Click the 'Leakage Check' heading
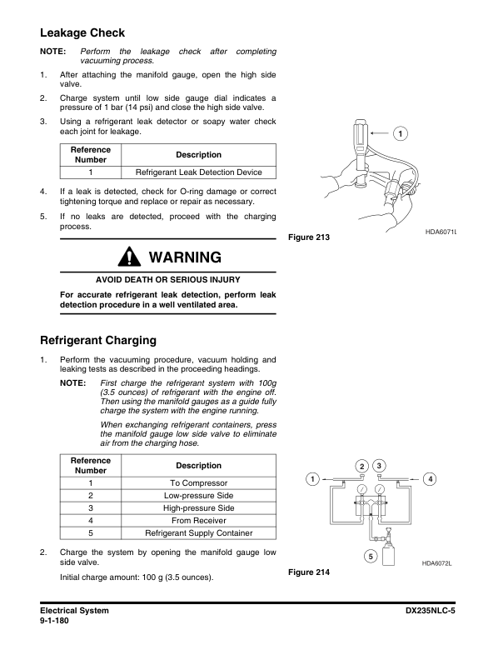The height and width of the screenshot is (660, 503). [x=82, y=33]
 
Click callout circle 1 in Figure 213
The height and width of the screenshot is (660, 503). [x=401, y=134]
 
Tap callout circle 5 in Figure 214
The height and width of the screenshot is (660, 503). [x=370, y=556]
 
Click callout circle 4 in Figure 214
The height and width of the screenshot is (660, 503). [x=430, y=478]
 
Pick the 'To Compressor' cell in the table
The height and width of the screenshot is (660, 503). [x=198, y=483]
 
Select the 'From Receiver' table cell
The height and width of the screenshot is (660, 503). [x=198, y=521]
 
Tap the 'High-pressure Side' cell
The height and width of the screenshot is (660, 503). [x=198, y=508]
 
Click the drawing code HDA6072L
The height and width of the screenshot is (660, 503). [x=442, y=563]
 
